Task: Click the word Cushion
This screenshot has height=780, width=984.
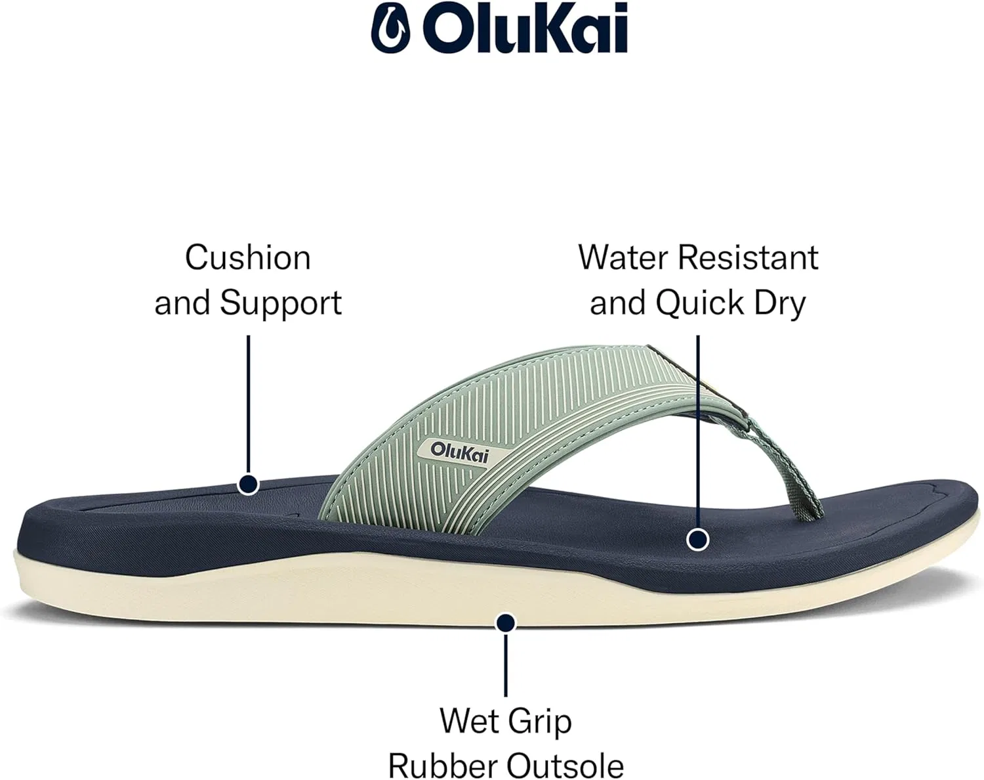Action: (248, 258)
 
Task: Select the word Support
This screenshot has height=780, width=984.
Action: (281, 303)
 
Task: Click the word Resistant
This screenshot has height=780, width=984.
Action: (748, 258)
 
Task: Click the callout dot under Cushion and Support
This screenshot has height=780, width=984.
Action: (248, 485)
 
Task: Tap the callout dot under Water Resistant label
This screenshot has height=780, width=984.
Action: (698, 540)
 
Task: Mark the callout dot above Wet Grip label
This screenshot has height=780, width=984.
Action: (505, 624)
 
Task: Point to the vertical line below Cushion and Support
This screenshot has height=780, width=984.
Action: (248, 404)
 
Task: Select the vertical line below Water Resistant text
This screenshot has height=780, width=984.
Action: (698, 431)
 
